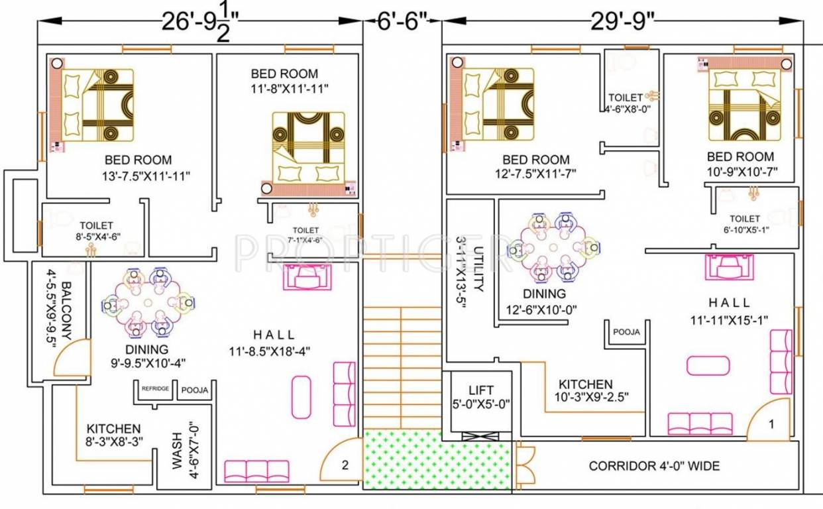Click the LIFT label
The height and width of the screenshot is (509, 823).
tap(480, 390)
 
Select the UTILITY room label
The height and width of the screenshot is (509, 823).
tap(478, 269)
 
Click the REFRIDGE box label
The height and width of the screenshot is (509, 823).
tap(155, 389)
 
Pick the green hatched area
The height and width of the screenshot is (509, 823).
tap(437, 460)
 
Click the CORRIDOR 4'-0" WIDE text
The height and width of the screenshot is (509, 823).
tap(654, 466)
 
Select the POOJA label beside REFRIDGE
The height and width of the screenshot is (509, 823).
tap(195, 390)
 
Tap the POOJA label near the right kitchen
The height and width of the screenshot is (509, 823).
tap(626, 332)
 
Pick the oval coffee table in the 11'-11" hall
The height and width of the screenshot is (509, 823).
tap(708, 366)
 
